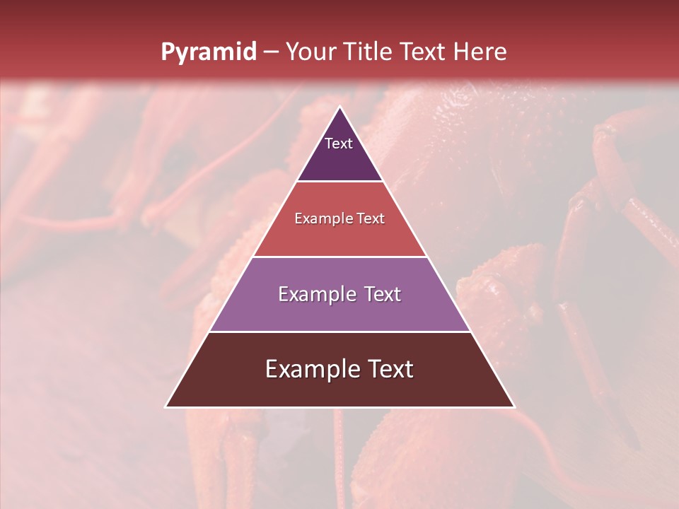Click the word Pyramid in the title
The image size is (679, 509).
(208, 52)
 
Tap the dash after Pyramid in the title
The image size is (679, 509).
(271, 52)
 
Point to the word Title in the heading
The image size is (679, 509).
(370, 52)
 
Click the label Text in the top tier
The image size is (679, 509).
(339, 144)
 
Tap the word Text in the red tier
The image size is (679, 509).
(371, 219)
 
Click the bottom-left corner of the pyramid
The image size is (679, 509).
(166, 406)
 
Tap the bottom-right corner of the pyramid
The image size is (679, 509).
(514, 406)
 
